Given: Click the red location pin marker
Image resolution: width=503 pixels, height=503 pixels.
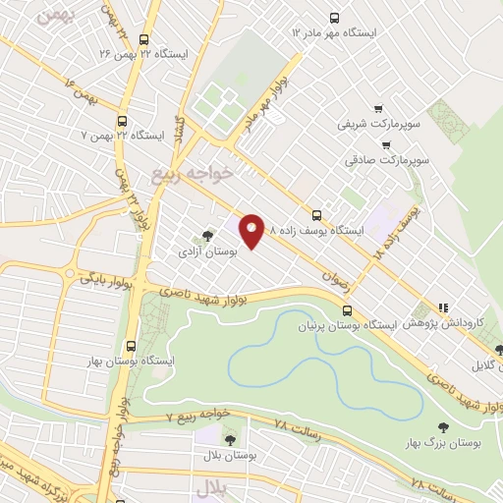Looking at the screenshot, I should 251,231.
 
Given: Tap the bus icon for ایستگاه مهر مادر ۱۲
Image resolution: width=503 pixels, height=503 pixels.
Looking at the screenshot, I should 334,17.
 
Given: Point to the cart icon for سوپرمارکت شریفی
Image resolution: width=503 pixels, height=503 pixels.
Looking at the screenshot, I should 378,109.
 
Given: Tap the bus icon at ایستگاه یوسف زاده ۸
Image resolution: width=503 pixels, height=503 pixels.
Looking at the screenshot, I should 315,214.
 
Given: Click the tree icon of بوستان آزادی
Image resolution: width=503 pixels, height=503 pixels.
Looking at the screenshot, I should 206,236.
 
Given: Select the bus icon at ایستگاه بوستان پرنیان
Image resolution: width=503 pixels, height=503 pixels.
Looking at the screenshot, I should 345,311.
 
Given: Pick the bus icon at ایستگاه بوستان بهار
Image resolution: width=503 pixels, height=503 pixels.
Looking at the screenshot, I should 132,345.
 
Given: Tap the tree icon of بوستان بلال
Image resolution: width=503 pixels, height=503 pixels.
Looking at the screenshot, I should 230,440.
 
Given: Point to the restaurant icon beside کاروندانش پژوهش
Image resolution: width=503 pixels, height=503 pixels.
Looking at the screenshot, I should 442,307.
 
